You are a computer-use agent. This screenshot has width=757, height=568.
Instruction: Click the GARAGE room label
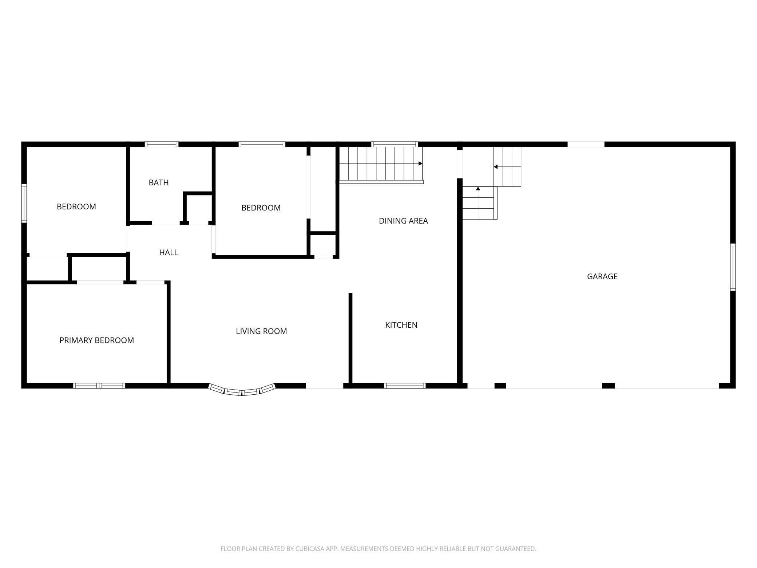point(602,276)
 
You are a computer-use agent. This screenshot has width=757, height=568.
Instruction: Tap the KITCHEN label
point(401,325)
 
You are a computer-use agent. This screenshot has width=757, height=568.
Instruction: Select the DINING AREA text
point(403,221)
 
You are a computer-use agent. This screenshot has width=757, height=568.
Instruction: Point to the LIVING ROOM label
point(261,331)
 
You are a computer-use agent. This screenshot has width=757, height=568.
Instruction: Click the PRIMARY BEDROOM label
point(96,340)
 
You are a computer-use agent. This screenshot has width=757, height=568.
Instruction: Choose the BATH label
point(159,182)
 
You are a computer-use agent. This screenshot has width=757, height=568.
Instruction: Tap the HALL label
point(169,252)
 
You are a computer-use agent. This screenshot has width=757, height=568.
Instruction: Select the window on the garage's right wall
point(733,267)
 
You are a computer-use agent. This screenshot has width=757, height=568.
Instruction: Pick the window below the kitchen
point(405,386)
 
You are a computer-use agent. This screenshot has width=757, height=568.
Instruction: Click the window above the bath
point(162,144)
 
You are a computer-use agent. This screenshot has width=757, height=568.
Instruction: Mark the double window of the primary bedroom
point(99,386)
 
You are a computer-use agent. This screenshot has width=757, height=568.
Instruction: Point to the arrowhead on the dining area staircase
point(420,163)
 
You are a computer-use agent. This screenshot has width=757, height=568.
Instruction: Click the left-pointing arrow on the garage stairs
point(496,167)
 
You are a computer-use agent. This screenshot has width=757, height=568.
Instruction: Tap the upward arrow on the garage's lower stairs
point(478,189)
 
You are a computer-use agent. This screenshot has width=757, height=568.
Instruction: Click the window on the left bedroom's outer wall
point(24,203)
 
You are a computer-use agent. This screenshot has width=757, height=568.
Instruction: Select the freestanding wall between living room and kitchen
point(350,338)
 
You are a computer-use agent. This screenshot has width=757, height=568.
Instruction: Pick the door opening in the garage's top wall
point(586,144)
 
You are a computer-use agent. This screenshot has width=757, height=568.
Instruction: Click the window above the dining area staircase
point(395,144)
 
